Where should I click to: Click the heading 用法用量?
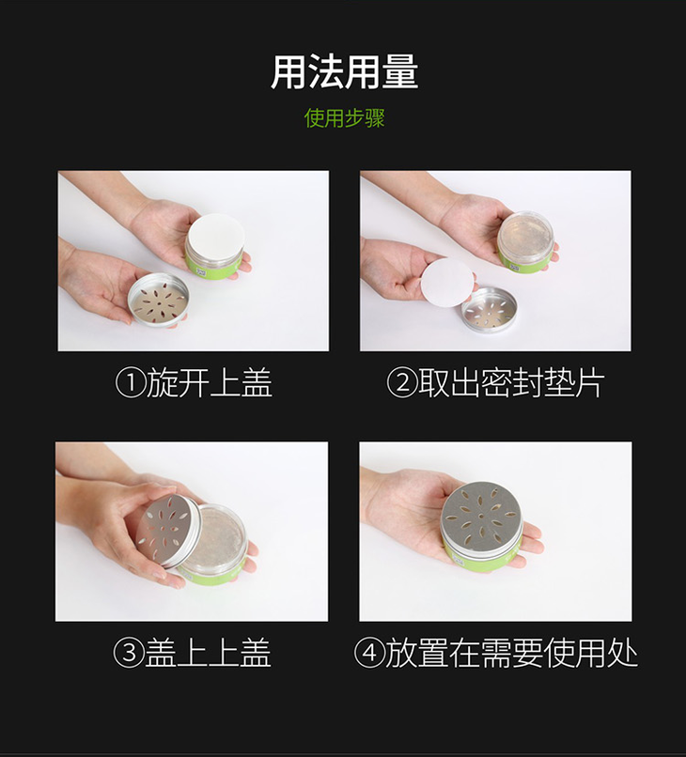point(344,72)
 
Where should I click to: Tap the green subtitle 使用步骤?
point(344,117)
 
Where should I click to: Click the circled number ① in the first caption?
point(131,384)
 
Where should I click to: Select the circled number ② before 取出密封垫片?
point(402,384)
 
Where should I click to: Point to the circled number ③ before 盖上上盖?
point(129,653)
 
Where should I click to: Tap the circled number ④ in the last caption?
point(369,653)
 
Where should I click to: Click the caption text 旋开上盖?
point(210,383)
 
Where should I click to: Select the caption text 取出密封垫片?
point(511,383)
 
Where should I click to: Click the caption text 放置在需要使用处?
point(511,653)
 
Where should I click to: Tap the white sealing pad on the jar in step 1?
point(216,236)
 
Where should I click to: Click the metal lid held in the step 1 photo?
point(158,301)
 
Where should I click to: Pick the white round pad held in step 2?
point(447,283)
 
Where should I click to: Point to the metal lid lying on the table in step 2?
point(489,309)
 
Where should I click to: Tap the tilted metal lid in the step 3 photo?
point(166,530)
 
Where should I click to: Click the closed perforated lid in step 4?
point(482,516)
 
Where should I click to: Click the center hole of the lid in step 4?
point(481,516)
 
